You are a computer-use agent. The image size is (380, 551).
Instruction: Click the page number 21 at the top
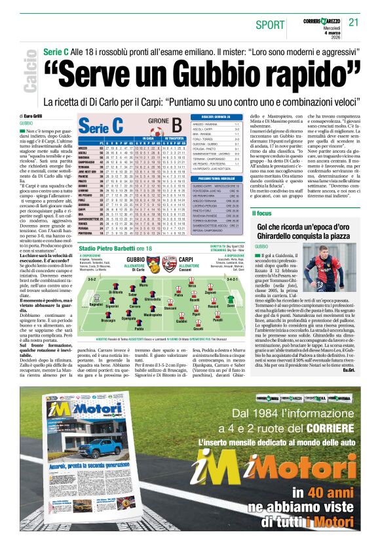point(354,22)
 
